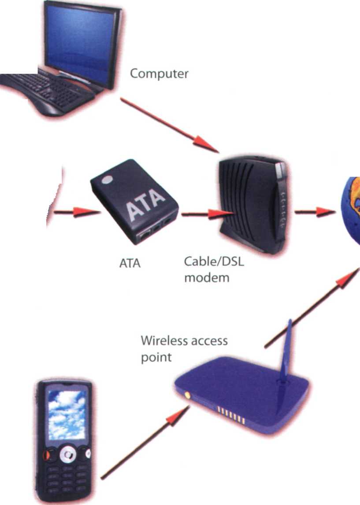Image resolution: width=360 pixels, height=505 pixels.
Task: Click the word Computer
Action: pyautogui.click(x=159, y=74)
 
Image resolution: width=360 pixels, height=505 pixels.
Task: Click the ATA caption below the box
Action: pyautogui.click(x=130, y=263)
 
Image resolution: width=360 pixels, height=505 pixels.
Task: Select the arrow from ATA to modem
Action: pyautogui.click(x=202, y=214)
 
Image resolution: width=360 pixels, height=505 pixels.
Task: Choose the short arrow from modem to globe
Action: pyautogui.click(x=312, y=212)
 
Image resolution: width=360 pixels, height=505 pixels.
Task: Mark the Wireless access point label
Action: pyautogui.click(x=184, y=348)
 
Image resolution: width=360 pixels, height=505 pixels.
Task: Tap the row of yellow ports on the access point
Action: pyautogui.click(x=230, y=414)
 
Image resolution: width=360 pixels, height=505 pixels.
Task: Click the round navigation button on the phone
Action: pyautogui.click(x=67, y=454)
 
